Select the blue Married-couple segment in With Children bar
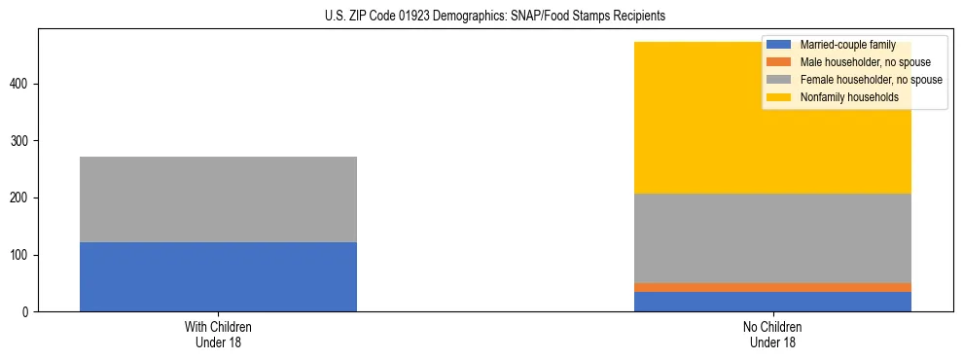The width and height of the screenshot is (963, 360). pyautogui.click(x=218, y=276)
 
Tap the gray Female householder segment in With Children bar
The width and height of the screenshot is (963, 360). pyautogui.click(x=218, y=199)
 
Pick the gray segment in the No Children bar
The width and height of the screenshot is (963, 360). pyautogui.click(x=772, y=238)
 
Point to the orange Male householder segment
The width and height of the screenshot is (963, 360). pyautogui.click(x=772, y=287)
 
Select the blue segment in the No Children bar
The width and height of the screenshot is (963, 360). pyautogui.click(x=772, y=302)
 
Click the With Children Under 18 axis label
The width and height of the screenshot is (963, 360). pyautogui.click(x=218, y=334)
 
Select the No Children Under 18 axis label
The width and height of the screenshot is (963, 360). pyautogui.click(x=772, y=334)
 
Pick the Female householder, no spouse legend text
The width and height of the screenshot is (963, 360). pyautogui.click(x=871, y=80)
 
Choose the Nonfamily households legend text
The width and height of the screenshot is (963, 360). pyautogui.click(x=842, y=97)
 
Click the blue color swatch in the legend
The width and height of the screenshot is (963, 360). pyautogui.click(x=779, y=45)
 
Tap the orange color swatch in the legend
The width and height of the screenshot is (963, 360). pyautogui.click(x=779, y=62)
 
